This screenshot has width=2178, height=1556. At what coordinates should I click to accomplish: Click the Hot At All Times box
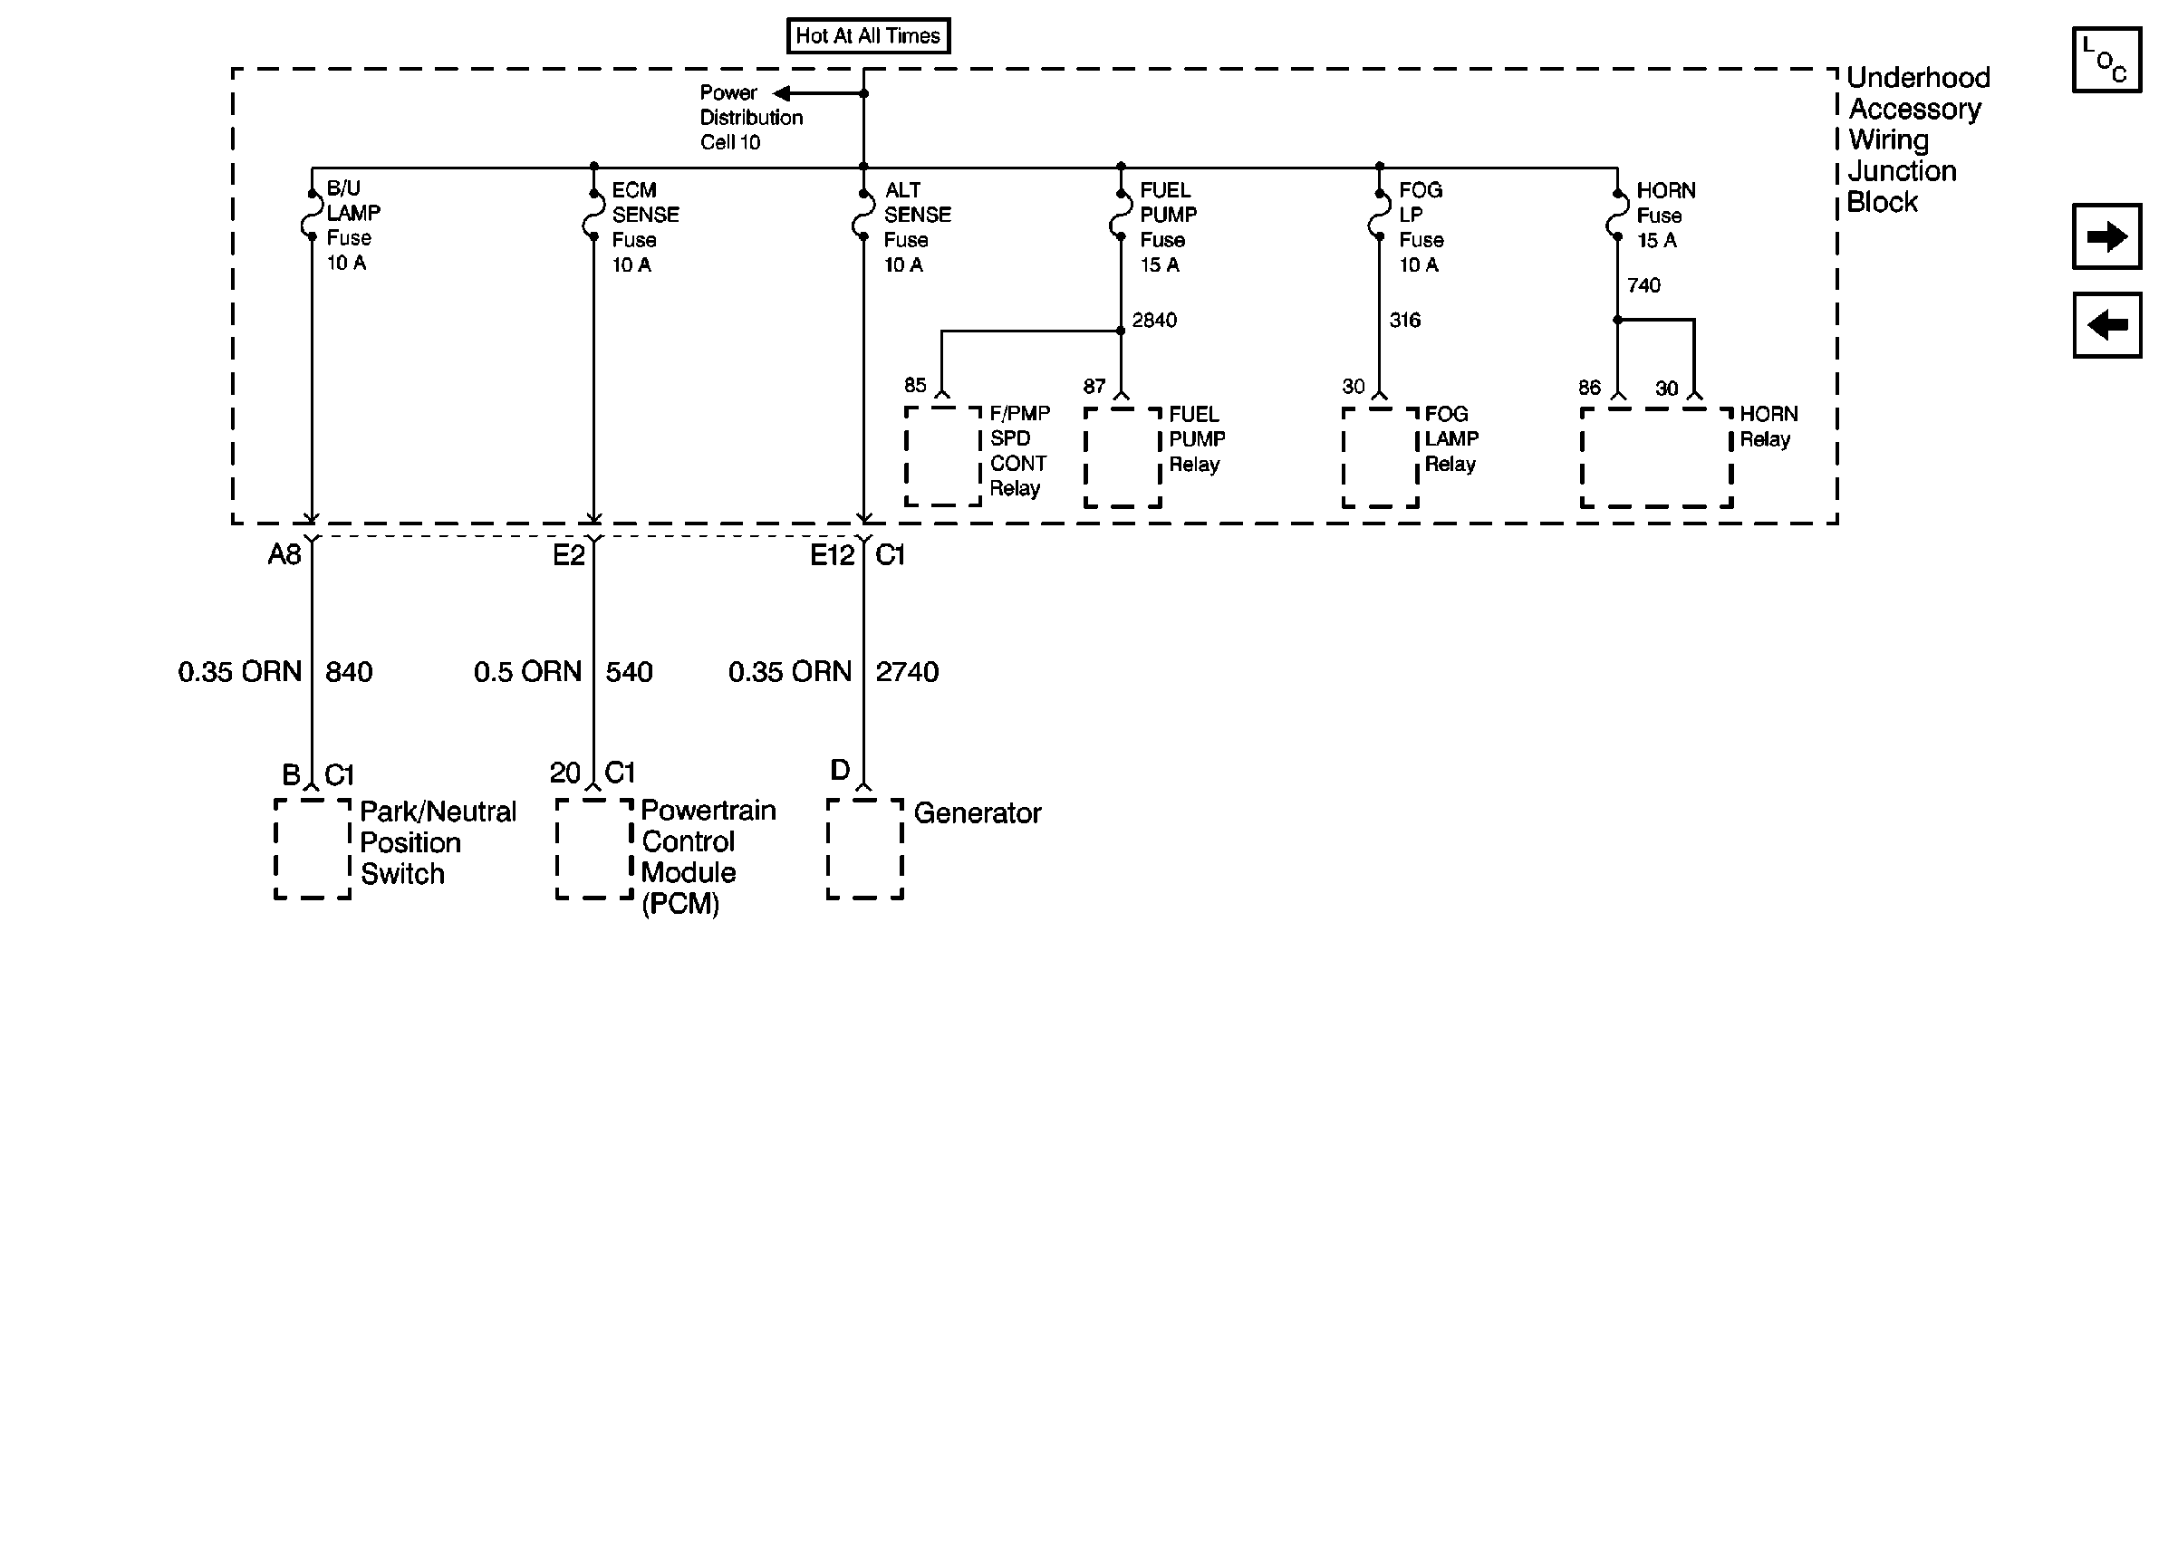click(867, 36)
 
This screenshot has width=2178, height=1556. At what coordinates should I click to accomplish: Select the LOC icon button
click(2106, 60)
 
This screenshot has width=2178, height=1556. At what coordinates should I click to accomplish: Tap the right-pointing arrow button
click(2106, 235)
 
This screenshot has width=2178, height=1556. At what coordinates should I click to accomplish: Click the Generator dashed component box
click(864, 848)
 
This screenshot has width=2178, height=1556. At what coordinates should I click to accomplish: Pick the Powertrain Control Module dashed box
click(594, 848)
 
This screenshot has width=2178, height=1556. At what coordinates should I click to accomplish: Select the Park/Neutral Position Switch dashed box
click(313, 848)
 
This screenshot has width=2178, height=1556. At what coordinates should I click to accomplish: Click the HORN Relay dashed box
click(1656, 457)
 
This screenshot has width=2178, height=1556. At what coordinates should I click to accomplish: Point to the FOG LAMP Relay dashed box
click(1380, 457)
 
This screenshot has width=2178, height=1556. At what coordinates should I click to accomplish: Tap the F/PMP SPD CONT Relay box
click(943, 456)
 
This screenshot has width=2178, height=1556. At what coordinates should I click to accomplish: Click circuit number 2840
click(1153, 320)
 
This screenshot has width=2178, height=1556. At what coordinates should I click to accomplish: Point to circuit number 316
click(1404, 320)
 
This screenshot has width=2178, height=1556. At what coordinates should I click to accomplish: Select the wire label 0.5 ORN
click(527, 672)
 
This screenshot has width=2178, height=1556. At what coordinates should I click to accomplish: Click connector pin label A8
click(284, 555)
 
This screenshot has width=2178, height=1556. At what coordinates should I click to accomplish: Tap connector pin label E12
click(832, 555)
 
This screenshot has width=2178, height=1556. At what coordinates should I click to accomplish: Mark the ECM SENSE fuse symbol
click(593, 216)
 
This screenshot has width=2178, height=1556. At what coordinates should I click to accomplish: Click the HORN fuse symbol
click(1616, 216)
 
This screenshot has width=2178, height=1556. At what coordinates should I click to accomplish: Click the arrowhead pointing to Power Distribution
click(782, 93)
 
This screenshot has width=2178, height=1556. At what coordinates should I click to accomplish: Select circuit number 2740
click(907, 672)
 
